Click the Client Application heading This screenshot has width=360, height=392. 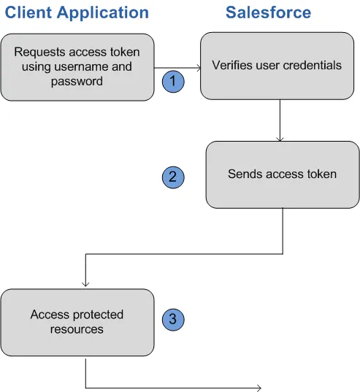tap(77, 13)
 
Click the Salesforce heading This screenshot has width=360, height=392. tap(268, 13)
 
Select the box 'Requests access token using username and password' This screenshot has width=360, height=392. tap(77, 66)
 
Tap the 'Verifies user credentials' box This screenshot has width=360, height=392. tap(277, 66)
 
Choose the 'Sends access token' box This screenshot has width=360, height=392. tap(282, 174)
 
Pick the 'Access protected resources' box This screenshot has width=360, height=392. tap(77, 322)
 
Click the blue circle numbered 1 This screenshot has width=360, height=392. tap(173, 82)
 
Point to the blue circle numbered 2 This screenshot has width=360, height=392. tap(173, 177)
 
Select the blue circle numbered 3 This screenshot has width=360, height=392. tap(173, 319)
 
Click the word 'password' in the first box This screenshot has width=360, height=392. tap(77, 81)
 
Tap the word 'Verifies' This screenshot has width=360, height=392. tap(231, 66)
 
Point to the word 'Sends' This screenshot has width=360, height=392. tap(243, 174)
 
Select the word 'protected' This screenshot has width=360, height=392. tap(97, 315)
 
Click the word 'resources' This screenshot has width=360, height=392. tap(77, 329)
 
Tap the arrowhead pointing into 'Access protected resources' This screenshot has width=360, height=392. tap(86, 284)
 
